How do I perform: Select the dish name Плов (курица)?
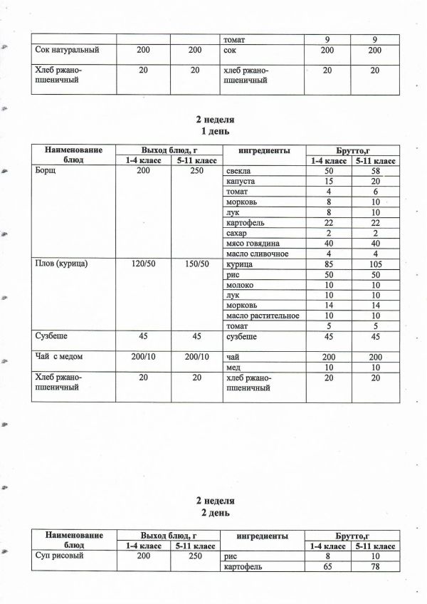tap(65, 264)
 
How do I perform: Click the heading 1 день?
tap(214, 132)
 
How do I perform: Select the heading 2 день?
tap(214, 513)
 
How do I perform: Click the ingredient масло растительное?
tap(261, 316)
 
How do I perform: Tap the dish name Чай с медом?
tap(63, 357)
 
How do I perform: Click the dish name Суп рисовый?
tap(60, 556)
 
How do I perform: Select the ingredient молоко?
tap(238, 285)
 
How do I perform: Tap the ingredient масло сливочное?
tap(256, 254)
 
